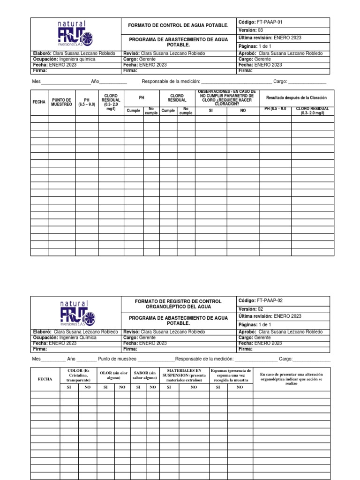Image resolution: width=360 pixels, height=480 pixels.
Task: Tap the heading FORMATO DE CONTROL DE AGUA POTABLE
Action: (178, 25)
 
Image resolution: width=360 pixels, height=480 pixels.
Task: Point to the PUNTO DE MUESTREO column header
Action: (61, 102)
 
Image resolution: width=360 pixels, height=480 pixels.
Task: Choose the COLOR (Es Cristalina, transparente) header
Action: (78, 375)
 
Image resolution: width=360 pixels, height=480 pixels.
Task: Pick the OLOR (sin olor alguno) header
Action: (113, 375)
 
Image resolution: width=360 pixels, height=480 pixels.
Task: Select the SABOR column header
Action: (145, 375)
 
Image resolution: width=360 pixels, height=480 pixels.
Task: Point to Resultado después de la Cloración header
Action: (296, 97)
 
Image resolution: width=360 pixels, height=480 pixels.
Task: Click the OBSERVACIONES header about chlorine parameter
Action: (227, 97)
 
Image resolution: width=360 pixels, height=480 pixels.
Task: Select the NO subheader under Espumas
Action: (240, 387)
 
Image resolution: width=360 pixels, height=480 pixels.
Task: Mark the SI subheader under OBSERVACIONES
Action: (210, 111)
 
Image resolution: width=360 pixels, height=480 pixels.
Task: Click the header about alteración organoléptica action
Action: (291, 378)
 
